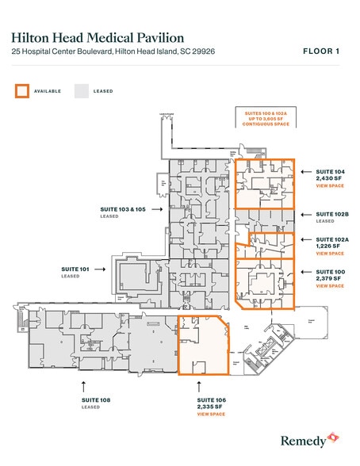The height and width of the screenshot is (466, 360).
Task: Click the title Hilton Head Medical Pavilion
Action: tap(98, 37)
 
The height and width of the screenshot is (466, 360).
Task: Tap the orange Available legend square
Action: tap(21, 90)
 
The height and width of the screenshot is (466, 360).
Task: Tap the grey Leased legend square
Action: tap(82, 90)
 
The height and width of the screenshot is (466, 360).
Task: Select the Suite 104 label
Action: tap(331, 170)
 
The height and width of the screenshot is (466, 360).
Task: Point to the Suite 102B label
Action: tap(332, 214)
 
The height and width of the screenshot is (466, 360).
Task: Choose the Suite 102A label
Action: tap(332, 239)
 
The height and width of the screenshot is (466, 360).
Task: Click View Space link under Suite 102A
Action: tap(330, 254)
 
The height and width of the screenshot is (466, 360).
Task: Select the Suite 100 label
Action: tap(331, 272)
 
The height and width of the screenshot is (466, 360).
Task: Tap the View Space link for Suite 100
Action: tap(330, 286)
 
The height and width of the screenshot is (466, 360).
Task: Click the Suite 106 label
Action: tap(212, 400)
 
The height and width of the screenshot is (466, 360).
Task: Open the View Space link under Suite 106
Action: tap(212, 414)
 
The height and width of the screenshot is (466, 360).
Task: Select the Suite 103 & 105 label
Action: tap(123, 208)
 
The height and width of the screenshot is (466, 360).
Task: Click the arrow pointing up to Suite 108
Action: tap(83, 384)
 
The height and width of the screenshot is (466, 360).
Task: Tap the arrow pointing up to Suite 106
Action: tap(199, 384)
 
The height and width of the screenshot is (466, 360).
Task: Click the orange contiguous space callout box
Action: tap(265, 118)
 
